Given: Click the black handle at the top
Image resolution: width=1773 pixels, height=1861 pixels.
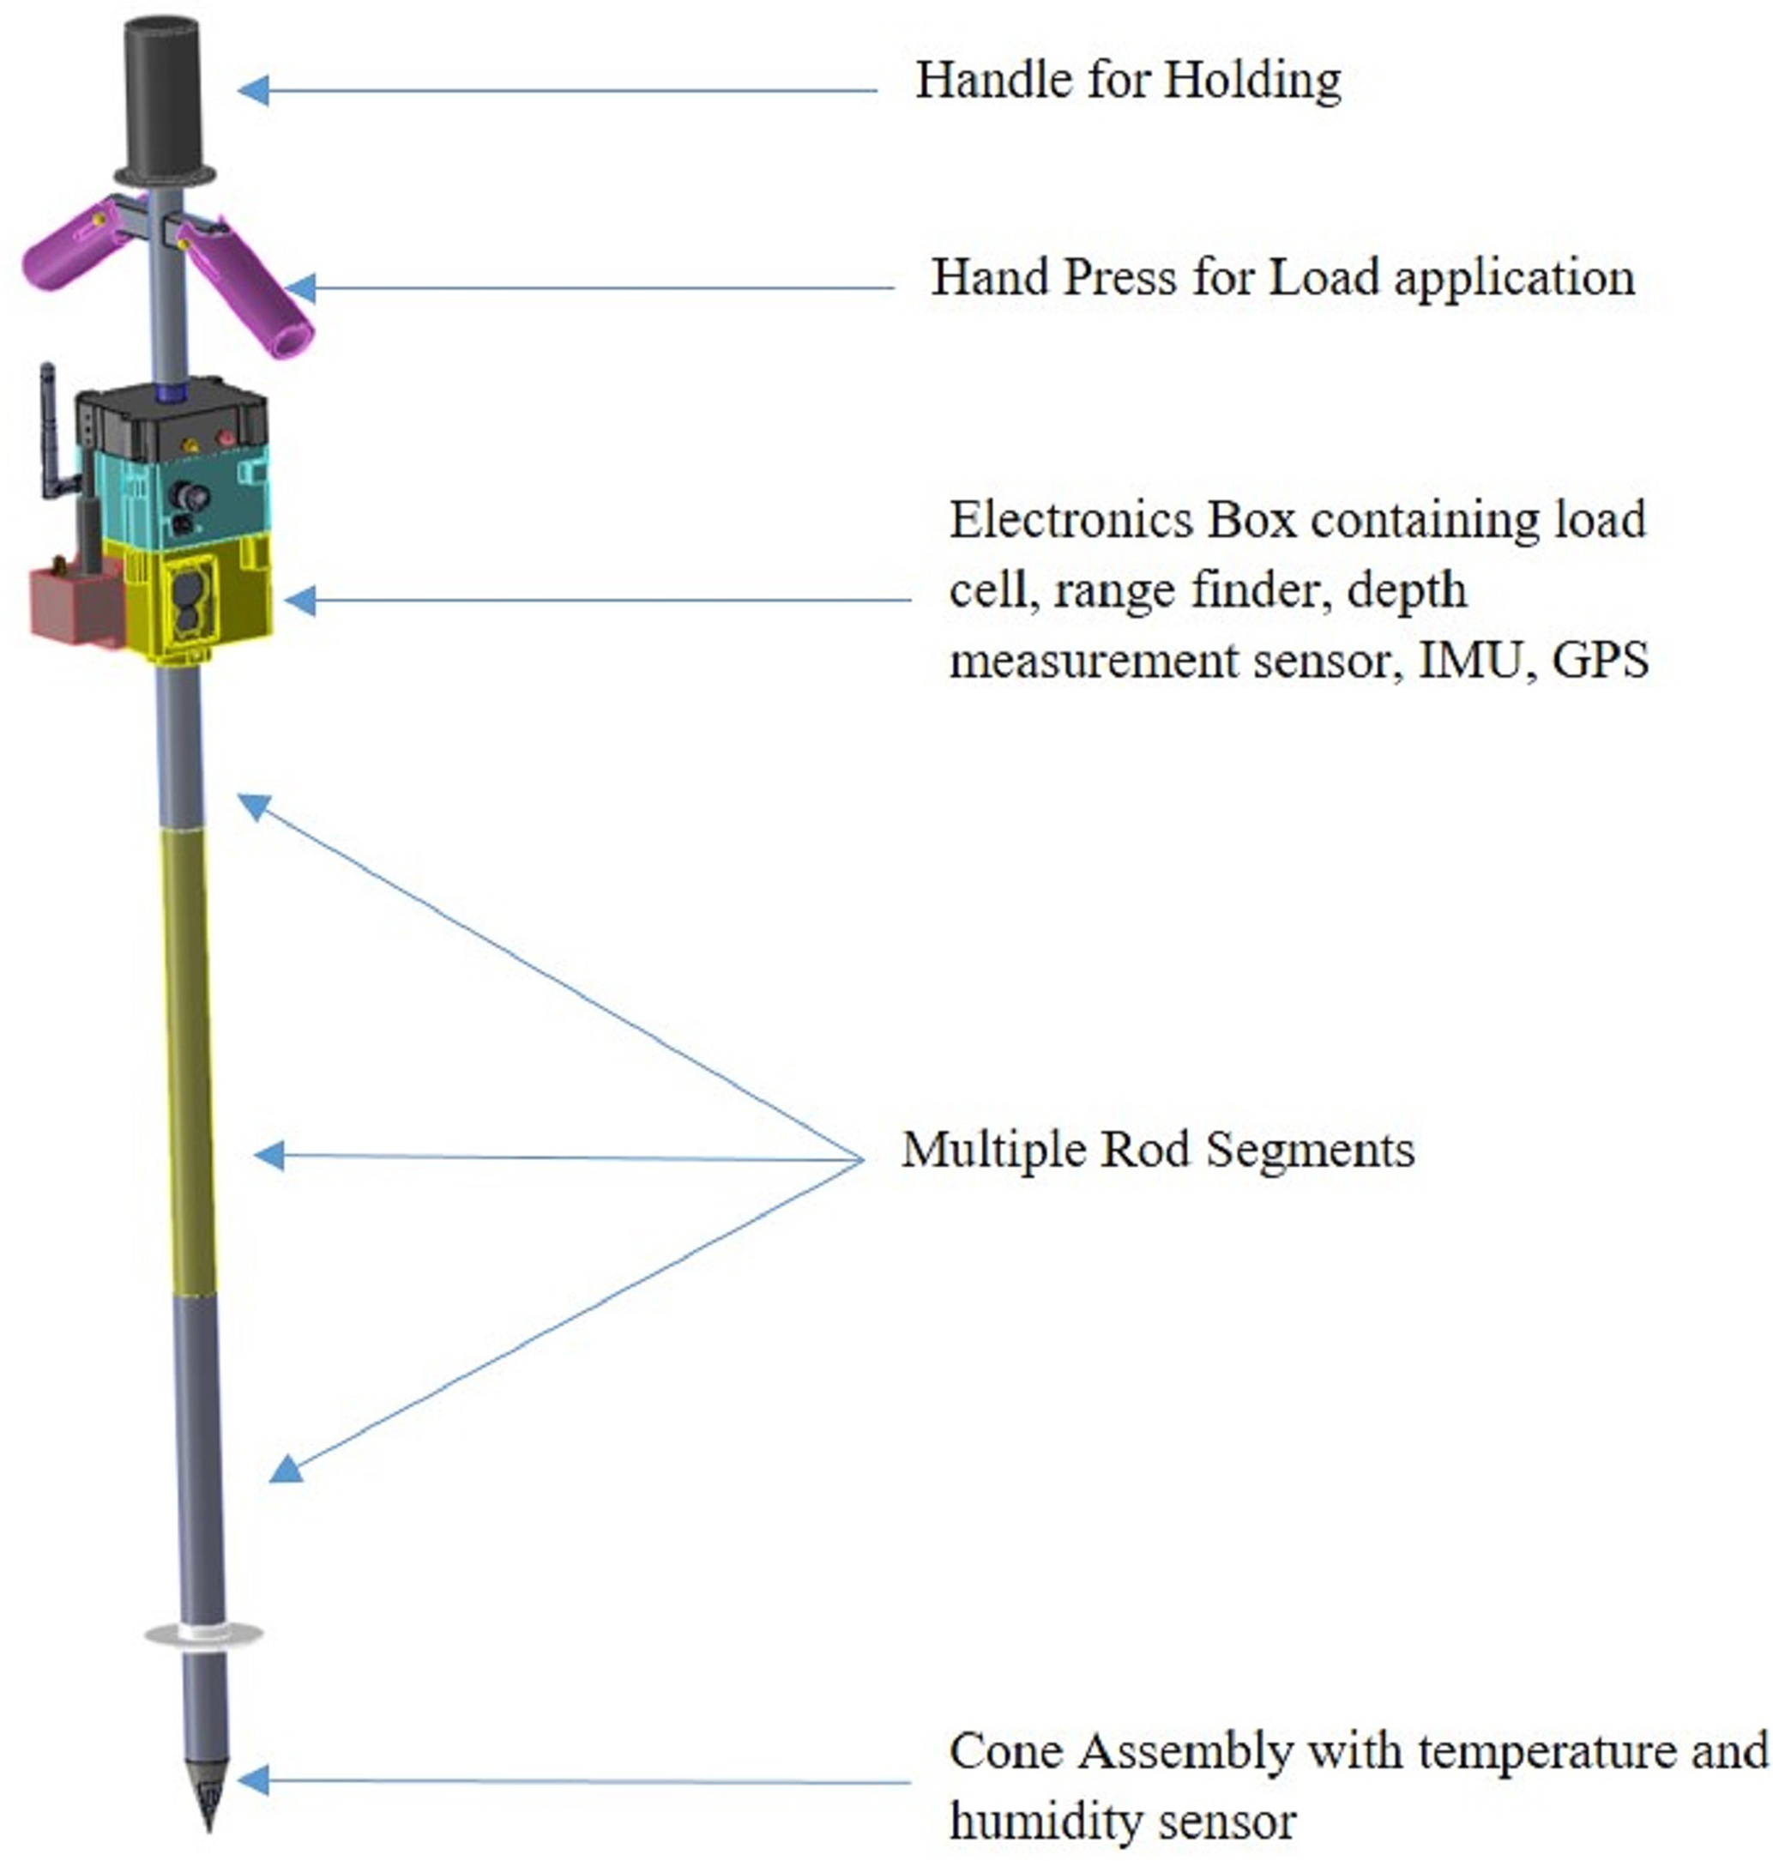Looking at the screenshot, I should [x=163, y=94].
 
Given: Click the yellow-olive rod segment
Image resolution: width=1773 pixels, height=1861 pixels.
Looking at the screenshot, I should [x=189, y=1059].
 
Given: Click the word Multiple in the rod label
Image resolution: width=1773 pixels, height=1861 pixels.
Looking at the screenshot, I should [x=987, y=1151].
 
